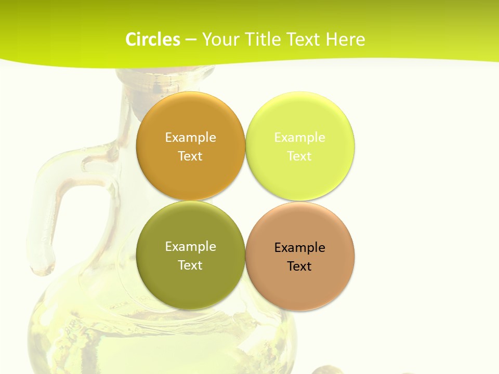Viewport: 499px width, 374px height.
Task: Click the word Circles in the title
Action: [x=152, y=39]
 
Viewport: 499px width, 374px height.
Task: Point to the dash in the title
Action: [x=191, y=40]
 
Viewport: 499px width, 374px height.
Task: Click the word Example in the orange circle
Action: [x=190, y=138]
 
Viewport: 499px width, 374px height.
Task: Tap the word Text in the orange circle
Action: [x=190, y=156]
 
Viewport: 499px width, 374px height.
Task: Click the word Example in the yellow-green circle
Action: [x=299, y=138]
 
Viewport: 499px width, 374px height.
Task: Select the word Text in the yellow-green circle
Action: [x=299, y=156]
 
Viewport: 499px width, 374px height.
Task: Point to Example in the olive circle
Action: [x=190, y=247]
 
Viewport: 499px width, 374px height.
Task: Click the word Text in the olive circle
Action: [x=190, y=265]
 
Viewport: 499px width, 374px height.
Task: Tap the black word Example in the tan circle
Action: [x=299, y=248]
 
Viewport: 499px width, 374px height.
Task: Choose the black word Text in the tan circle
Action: [x=299, y=266]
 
